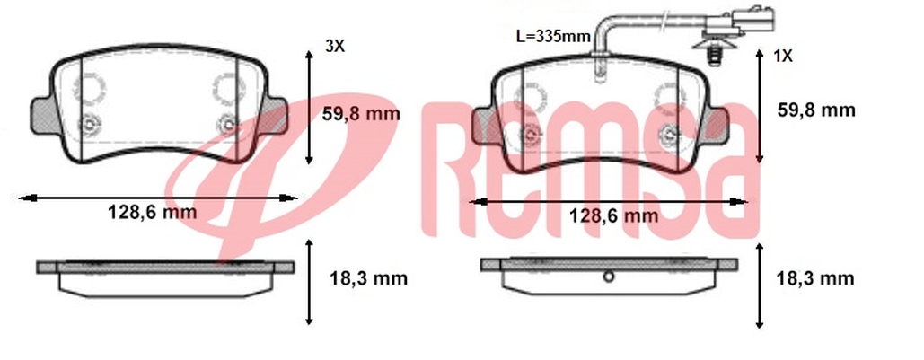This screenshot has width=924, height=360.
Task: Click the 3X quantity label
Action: (x=335, y=47)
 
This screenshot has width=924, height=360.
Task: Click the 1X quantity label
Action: (x=783, y=57)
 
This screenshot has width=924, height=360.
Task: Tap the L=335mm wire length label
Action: (x=553, y=37)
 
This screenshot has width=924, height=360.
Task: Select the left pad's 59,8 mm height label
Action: (x=361, y=113)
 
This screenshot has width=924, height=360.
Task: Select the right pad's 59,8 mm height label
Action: (x=816, y=110)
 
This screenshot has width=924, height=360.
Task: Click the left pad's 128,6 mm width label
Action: (x=152, y=212)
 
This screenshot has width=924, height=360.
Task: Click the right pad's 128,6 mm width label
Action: (x=613, y=215)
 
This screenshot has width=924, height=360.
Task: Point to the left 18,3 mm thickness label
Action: (x=368, y=278)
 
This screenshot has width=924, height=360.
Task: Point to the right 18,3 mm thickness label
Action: (x=815, y=278)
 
